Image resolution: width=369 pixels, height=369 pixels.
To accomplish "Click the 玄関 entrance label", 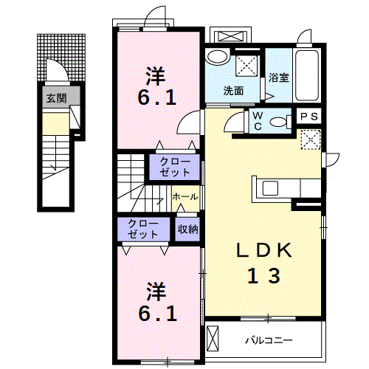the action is [x=56, y=98].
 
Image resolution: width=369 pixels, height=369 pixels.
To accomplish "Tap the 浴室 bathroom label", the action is [x=279, y=77].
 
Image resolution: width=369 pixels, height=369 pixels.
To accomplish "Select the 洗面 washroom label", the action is [x=233, y=91].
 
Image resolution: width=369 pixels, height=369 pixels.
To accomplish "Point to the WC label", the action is [x=258, y=121].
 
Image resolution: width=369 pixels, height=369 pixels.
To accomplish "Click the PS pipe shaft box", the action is [x=309, y=116].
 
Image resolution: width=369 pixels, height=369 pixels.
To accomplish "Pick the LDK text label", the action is [x=264, y=250].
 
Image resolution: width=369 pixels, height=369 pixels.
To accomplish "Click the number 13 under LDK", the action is [x=263, y=275].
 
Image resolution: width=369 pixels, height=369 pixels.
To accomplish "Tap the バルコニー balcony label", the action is [x=269, y=340].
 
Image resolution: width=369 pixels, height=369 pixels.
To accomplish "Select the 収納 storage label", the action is [x=187, y=230].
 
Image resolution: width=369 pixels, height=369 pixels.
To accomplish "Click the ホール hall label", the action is [x=185, y=197].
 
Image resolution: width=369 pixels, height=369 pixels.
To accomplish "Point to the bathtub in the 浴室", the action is [x=307, y=75].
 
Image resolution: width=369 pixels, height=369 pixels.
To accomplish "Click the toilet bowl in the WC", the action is [x=279, y=122].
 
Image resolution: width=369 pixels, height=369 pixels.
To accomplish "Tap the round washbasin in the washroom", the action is [x=218, y=57].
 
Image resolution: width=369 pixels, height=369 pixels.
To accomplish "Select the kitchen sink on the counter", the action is [x=270, y=189].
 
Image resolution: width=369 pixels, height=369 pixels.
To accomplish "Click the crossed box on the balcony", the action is [x=213, y=339].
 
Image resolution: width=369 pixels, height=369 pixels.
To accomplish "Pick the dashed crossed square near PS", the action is [x=311, y=139].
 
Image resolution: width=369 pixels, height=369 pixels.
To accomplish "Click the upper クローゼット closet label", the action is [x=175, y=167].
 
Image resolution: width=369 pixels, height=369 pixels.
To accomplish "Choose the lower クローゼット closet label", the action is [x=143, y=229].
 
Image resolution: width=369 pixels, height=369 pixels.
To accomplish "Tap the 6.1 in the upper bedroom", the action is [x=157, y=97].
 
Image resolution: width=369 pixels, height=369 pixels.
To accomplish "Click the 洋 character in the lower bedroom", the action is [x=156, y=292].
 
